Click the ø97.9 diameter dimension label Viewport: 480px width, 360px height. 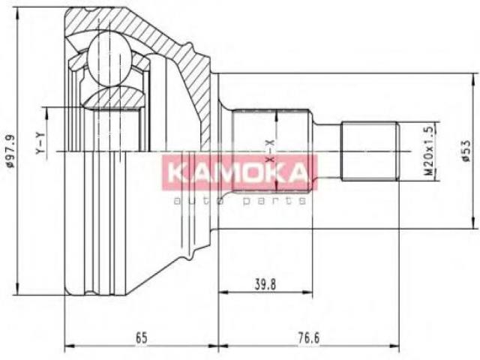click(11, 150)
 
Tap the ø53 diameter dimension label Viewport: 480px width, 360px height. click(465, 150)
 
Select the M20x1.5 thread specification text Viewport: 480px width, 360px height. click(430, 150)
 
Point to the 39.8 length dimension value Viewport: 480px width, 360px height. click(265, 284)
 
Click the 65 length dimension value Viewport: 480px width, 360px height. click(142, 338)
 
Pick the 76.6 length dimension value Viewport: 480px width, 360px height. click(308, 338)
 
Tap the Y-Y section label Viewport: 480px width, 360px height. click(40, 143)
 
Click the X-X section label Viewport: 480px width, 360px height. click(269, 151)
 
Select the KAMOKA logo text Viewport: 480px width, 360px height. click(238, 172)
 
